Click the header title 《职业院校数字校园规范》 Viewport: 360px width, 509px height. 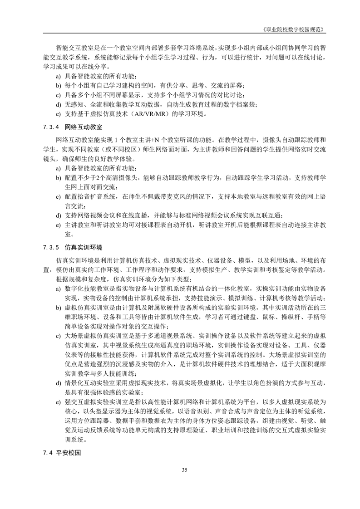[x=295, y=28]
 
